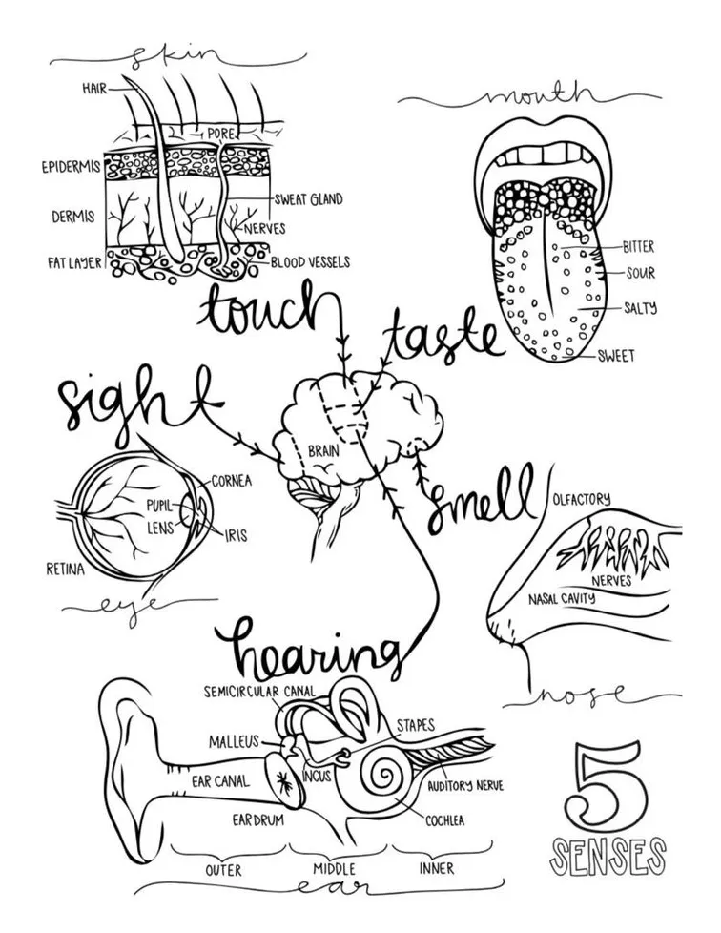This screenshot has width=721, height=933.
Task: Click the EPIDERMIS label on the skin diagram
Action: [71, 168]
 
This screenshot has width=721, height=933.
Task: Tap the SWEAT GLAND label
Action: [308, 200]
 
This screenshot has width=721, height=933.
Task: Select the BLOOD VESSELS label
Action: [310, 261]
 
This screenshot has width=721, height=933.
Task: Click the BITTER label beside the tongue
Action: [637, 246]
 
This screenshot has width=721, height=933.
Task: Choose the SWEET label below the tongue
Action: [615, 357]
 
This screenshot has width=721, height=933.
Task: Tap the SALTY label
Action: [639, 308]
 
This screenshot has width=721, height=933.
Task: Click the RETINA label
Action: [65, 570]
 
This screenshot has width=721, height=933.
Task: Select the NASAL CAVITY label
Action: [562, 599]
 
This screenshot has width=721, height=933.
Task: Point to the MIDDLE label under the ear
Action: [334, 869]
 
